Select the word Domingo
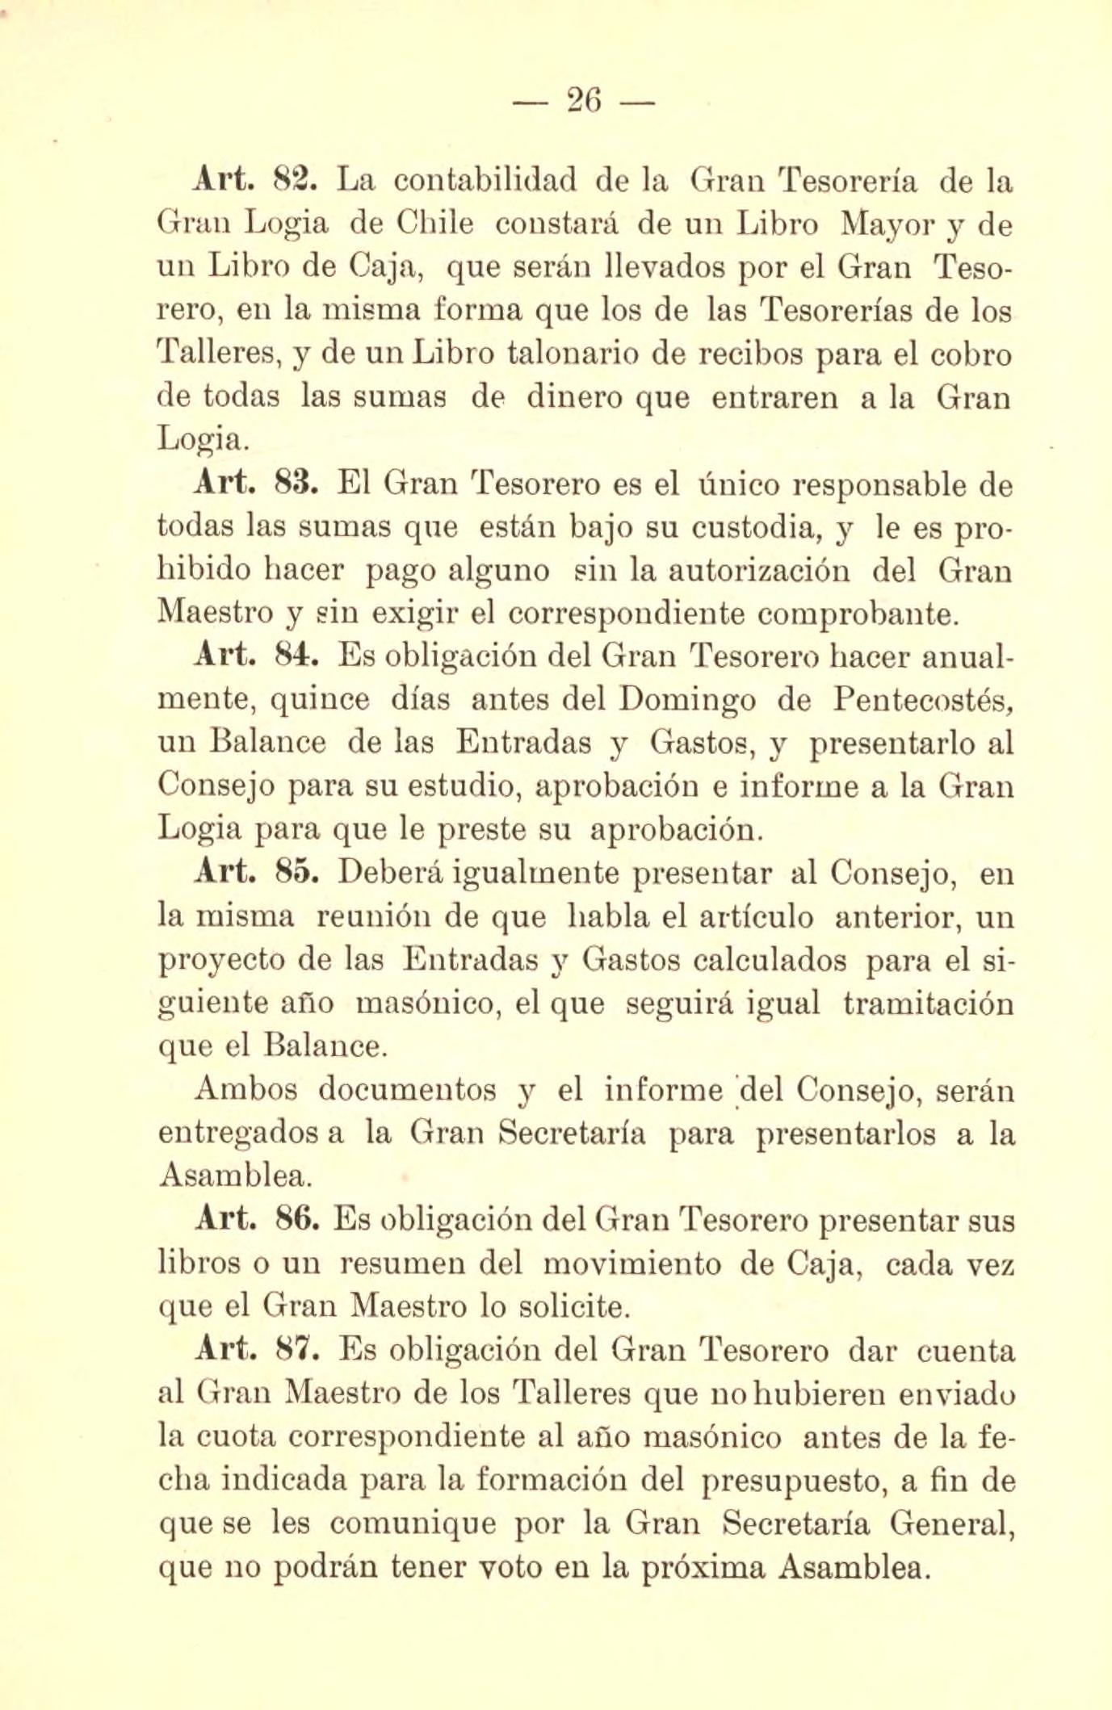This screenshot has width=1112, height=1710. click(x=686, y=701)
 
